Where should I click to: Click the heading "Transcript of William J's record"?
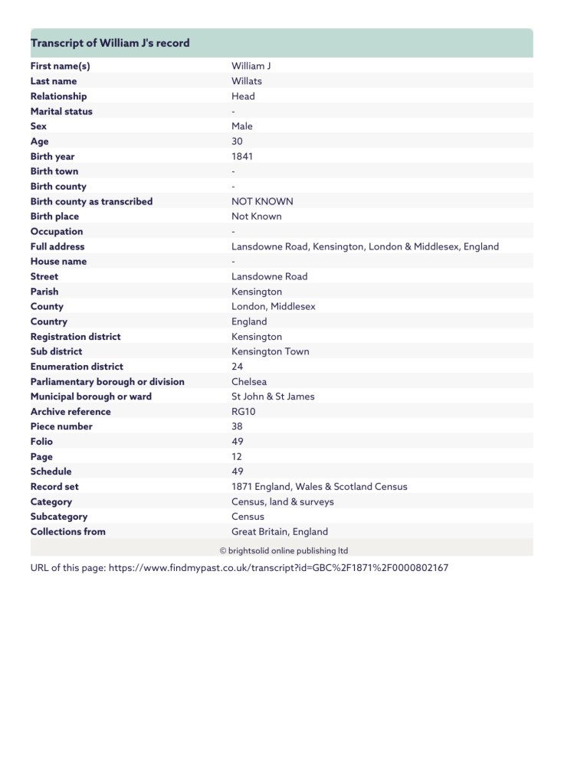pos(110,43)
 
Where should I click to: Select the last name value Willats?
pos(246,81)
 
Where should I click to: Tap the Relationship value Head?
pos(243,96)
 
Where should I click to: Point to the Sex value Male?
pos(241,126)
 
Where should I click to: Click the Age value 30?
pos(237,142)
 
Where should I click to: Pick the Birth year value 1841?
pos(241,156)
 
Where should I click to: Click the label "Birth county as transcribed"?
pos(91,201)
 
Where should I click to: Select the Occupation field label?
pos(57,231)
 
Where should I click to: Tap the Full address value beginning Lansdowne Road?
pos(365,246)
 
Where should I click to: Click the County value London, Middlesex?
pos(273,306)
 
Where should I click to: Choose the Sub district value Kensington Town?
pos(270,351)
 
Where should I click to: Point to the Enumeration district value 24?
pos(237,367)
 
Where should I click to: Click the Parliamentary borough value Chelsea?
pos(249,381)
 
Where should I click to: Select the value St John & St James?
pos(273,396)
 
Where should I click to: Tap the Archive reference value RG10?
pos(243,412)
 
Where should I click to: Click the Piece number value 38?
pos(237,426)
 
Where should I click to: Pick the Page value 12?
pos(237,457)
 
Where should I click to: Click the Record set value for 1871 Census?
pos(319,487)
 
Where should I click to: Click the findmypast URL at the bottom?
pos(278,569)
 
